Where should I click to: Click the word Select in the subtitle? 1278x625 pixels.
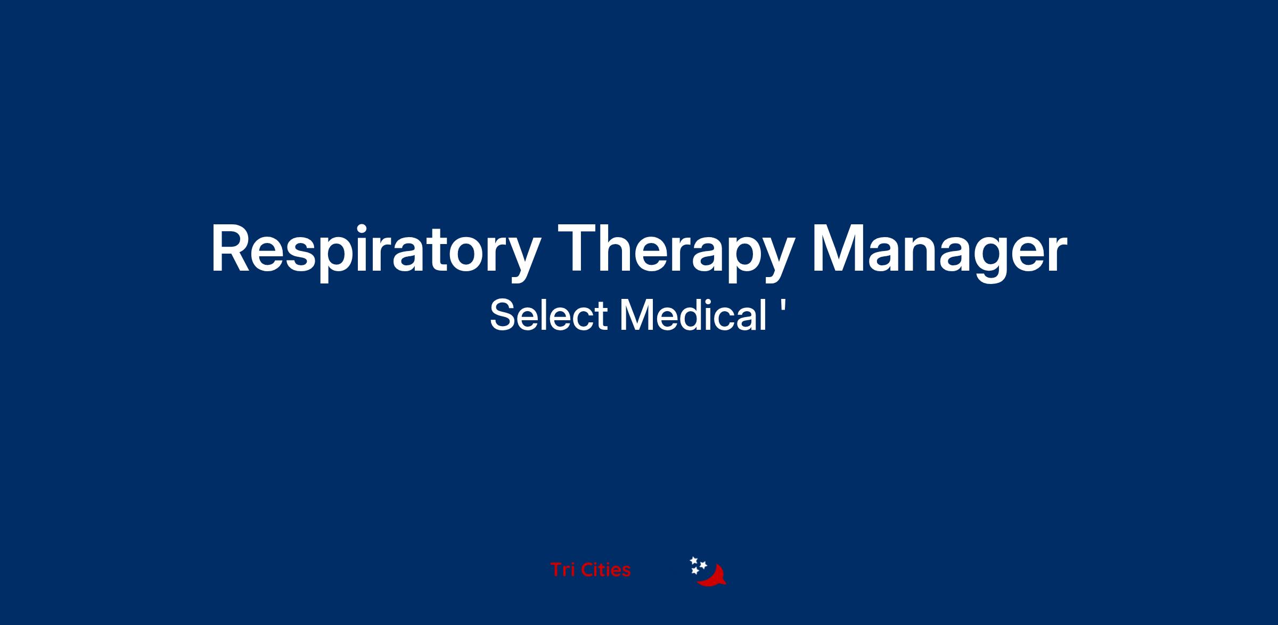tap(548, 315)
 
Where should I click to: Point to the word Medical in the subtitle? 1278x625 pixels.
tap(692, 315)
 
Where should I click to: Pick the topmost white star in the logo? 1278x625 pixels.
tap(694, 560)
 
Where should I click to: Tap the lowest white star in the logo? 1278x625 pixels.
tap(695, 571)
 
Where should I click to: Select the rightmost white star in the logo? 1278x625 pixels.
tap(703, 564)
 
